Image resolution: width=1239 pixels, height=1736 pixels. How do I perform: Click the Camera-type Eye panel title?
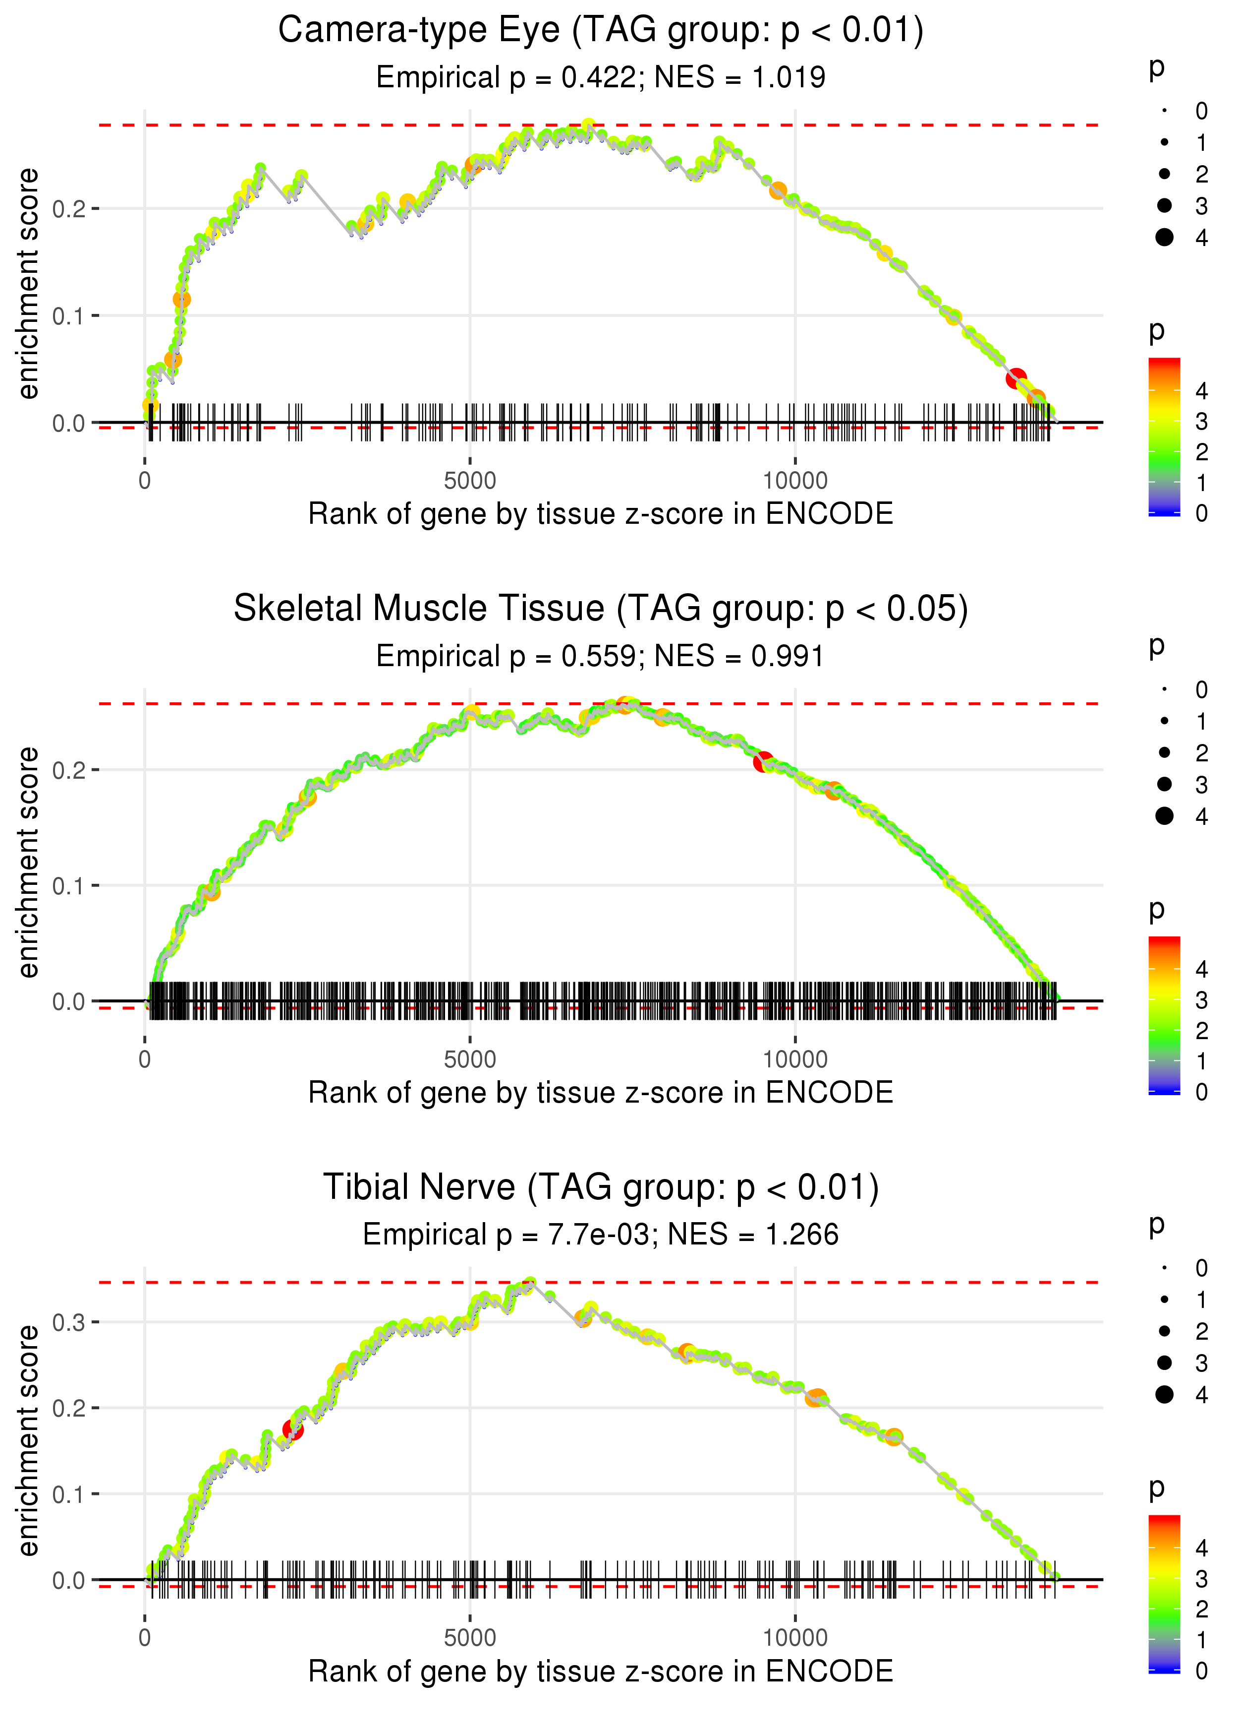pos(601,31)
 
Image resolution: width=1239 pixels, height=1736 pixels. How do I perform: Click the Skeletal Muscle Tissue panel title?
pos(601,609)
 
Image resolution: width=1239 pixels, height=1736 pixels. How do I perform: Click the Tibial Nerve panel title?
pos(601,1188)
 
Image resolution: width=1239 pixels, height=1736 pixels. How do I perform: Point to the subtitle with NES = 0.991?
pos(601,657)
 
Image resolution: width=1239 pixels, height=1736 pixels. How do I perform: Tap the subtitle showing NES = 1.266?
pos(601,1235)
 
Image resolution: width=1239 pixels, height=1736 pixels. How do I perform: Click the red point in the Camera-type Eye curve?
pos(1015,378)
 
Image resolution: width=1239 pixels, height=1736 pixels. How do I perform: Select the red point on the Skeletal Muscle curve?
pos(763,761)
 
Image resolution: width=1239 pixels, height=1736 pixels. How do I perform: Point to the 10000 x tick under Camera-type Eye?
pos(795,481)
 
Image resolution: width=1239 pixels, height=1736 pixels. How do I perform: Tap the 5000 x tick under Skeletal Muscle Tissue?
pos(470,1059)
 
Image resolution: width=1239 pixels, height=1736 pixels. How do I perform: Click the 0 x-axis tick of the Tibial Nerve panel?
pos(145,1638)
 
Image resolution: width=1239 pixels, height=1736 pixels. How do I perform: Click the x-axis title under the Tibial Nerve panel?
pos(601,1671)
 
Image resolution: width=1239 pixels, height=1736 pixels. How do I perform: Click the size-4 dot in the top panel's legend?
pos(1164,238)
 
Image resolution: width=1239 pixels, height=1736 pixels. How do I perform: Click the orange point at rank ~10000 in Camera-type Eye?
pos(778,190)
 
